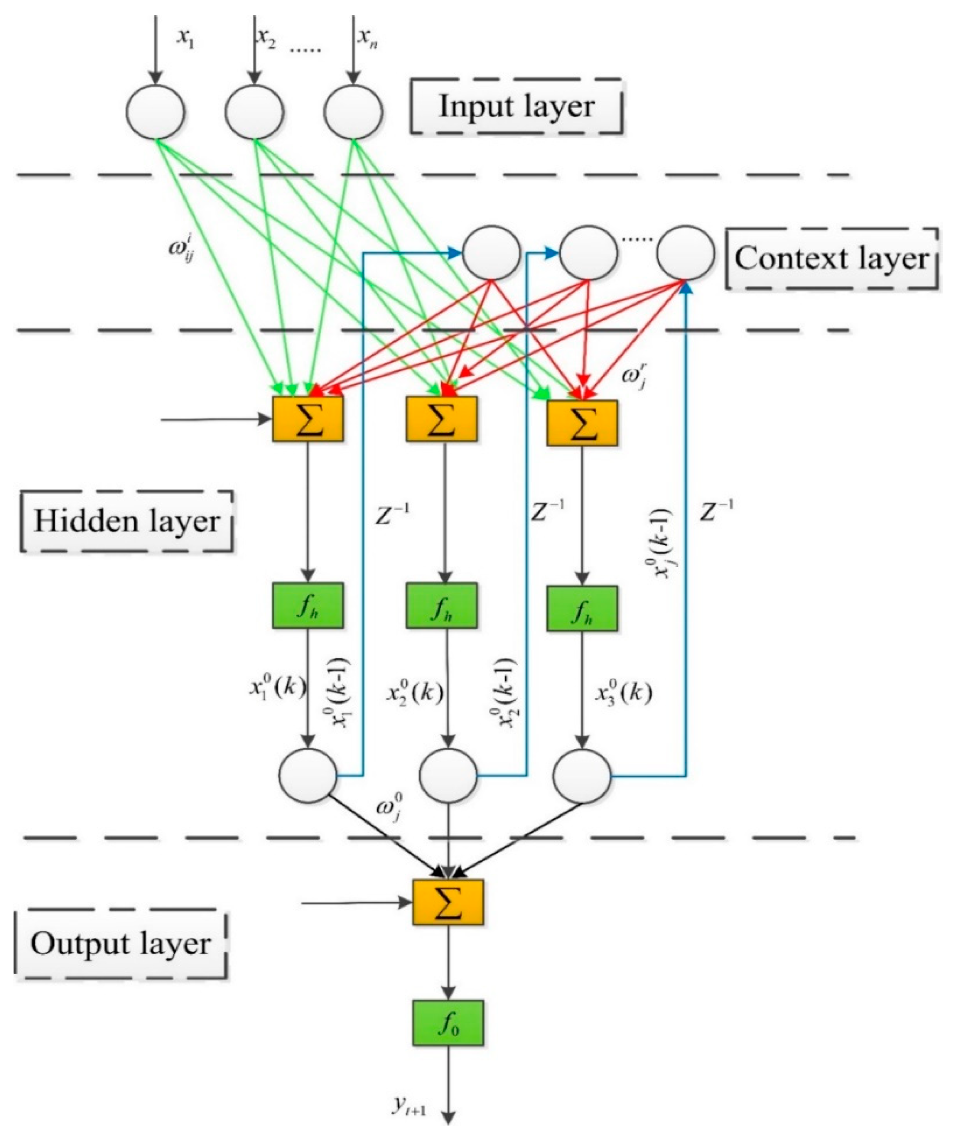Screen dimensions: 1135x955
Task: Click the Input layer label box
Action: coord(516,107)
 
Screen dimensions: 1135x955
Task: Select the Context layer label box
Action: coord(832,259)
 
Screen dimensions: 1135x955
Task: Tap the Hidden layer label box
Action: coord(127,521)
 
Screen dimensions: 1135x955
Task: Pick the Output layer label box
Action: coord(120,944)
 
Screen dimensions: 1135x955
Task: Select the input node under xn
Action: coord(353,111)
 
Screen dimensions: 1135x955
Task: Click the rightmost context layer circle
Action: coord(685,253)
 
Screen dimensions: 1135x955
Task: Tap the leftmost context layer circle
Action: coord(491,253)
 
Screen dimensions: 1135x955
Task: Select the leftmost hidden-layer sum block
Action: coord(308,419)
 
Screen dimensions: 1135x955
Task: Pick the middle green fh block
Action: coord(442,605)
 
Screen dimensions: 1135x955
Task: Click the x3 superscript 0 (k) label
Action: coord(623,694)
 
